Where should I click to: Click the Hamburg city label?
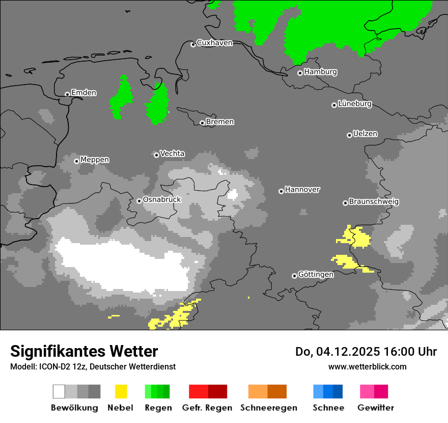pos(320,72)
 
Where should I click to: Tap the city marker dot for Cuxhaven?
pos(193,45)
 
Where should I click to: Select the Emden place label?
pos(83,93)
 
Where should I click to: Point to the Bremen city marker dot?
pos(202,123)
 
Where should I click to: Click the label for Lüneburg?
pos(355,103)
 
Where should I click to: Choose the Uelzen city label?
pos(365,134)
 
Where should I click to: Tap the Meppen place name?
pos(95,160)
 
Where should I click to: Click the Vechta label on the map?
pos(172,153)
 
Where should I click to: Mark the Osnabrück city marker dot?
pos(139,201)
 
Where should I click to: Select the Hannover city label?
pos(302,190)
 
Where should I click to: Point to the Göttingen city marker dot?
pos(294,276)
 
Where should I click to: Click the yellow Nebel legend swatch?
pos(121,391)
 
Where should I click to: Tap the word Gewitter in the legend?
pos(375,408)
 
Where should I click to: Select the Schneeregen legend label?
pos(269,408)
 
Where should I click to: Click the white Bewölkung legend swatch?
pos(59,391)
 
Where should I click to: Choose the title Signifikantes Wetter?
pos(84,351)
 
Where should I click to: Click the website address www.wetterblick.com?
pos(367,366)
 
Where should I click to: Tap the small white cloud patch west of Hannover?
pos(233,194)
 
